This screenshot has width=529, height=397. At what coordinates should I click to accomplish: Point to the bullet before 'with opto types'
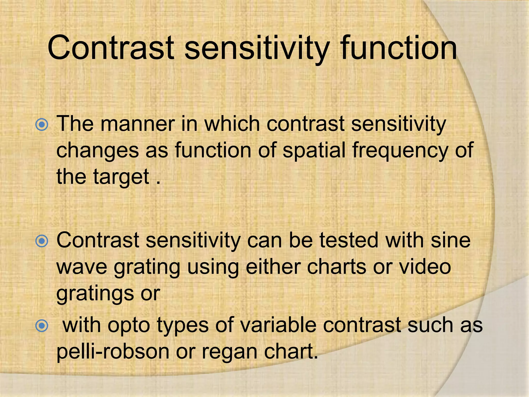42,326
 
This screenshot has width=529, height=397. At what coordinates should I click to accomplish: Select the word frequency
400,150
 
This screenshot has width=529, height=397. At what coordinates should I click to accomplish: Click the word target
121,177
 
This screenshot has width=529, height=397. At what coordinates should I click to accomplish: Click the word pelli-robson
113,352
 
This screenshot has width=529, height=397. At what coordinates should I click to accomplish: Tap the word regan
230,352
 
